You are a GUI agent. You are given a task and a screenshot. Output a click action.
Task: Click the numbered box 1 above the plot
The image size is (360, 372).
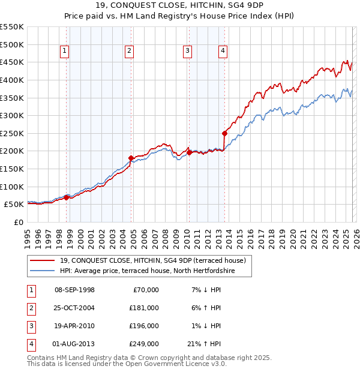[64, 52]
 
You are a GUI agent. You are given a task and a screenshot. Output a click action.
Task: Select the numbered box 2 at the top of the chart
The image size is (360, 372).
[129, 52]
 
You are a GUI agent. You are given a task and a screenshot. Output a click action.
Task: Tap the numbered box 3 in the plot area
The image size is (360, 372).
[188, 52]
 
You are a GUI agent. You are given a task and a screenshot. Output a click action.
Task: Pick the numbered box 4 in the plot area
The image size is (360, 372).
[223, 52]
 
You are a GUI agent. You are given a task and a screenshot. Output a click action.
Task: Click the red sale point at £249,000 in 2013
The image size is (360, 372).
[224, 133]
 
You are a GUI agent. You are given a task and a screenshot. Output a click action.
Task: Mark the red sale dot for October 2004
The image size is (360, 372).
[131, 158]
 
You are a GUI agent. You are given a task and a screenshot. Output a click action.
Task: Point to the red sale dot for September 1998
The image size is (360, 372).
[67, 197]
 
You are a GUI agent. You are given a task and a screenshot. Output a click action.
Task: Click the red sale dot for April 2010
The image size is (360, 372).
[189, 152]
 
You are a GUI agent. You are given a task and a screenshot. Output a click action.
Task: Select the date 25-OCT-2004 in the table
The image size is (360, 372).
[74, 308]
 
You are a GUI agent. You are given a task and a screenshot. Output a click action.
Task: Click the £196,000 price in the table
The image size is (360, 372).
[144, 326]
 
